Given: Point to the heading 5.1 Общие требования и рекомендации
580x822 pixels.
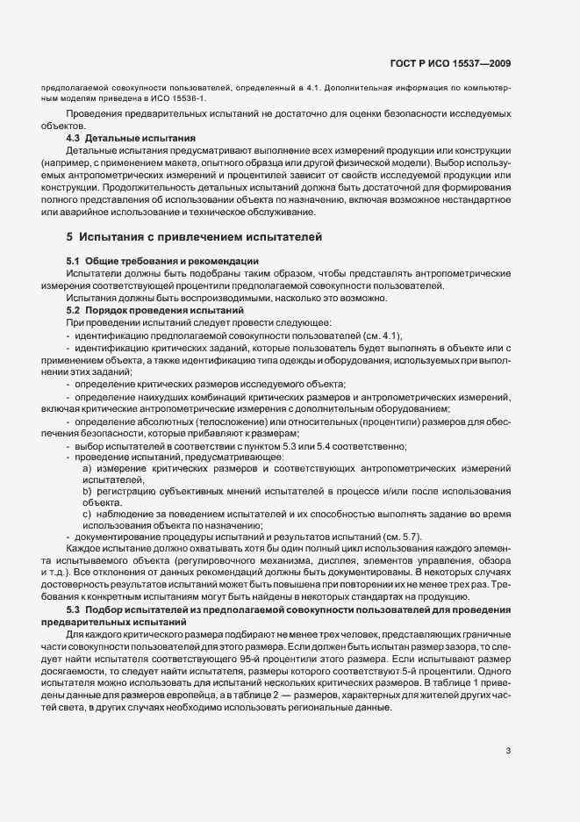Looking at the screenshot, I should coord(161,261).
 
